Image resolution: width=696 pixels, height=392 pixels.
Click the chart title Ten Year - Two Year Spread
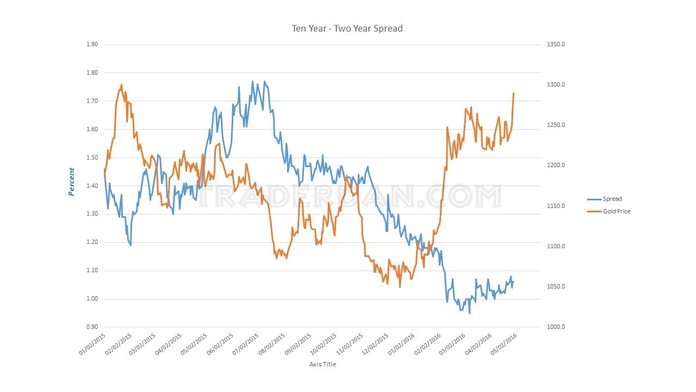tap(347, 28)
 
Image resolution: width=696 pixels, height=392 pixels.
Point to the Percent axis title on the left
tap(72, 182)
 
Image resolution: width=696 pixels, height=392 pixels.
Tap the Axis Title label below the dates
tap(322, 364)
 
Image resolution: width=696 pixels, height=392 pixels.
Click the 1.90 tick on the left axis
tap(92, 45)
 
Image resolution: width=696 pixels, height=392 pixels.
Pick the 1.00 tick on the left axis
tap(92, 299)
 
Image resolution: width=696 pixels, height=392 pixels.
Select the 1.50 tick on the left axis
tap(92, 158)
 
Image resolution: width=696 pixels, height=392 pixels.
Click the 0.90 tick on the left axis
tap(92, 327)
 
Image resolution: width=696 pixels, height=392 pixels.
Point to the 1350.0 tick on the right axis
tap(556, 45)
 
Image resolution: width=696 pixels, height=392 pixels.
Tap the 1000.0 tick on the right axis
tap(556, 327)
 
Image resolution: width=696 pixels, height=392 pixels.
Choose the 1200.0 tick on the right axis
tap(556, 166)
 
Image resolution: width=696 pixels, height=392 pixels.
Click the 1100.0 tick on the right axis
tap(556, 247)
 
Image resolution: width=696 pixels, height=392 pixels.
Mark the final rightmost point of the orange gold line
tap(513, 93)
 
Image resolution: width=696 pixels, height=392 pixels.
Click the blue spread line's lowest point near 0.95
tap(469, 313)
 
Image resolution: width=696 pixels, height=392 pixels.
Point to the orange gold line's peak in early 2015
tap(121, 85)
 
